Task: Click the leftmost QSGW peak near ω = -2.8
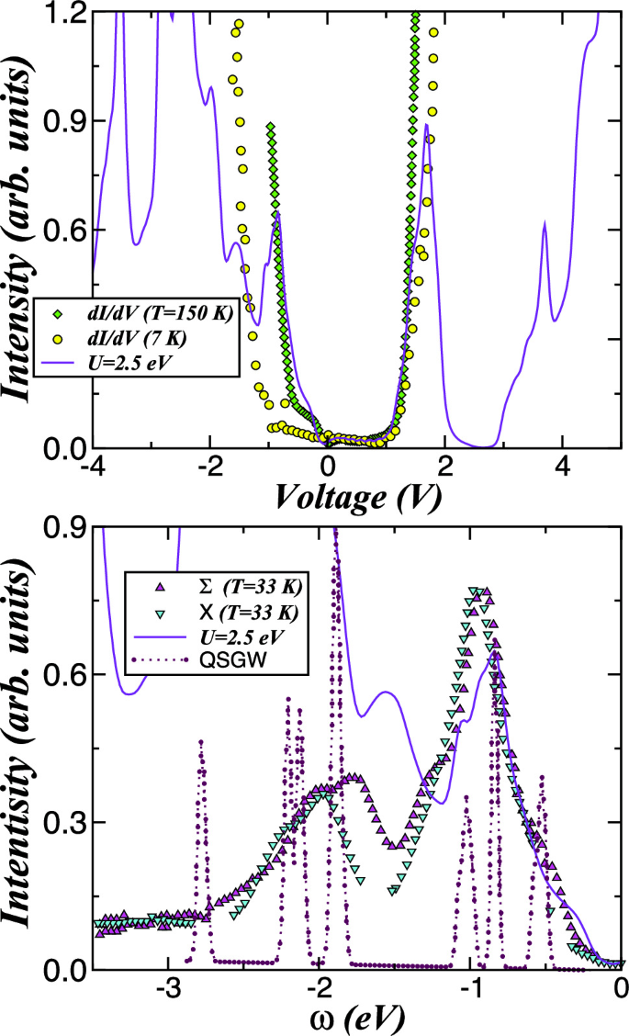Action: [x=200, y=741]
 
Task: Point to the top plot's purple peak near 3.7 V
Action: [x=545, y=225]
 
